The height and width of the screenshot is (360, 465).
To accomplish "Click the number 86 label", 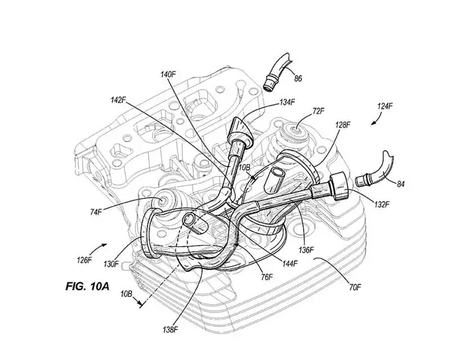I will (x=298, y=79).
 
